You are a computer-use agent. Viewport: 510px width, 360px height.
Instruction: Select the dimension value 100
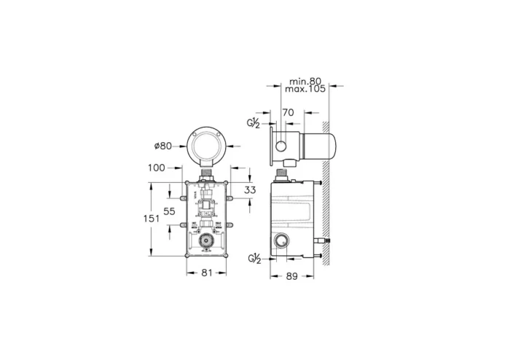(x=157, y=168)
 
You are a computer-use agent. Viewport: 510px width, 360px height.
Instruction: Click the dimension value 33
(x=251, y=191)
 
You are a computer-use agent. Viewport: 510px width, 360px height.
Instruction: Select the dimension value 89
(x=291, y=276)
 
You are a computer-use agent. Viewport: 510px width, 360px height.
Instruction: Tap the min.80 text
(x=305, y=81)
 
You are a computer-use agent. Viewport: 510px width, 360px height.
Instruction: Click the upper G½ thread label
(x=254, y=124)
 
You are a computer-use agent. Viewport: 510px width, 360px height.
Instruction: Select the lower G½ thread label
(x=254, y=259)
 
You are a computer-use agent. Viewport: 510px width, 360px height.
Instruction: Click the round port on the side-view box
(x=280, y=241)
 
